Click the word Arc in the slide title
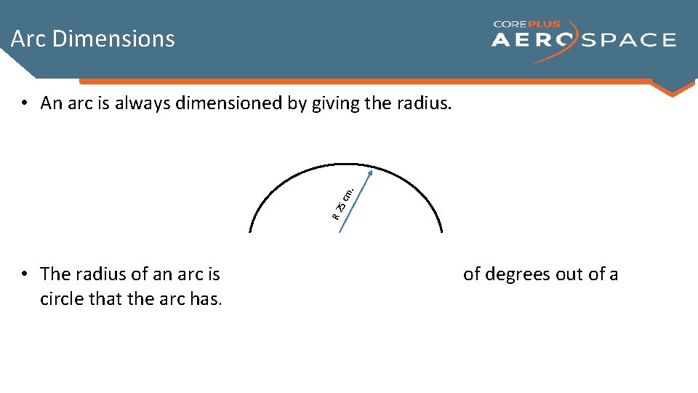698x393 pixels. tap(28, 39)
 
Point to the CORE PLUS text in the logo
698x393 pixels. tap(527, 24)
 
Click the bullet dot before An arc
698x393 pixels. tap(25, 103)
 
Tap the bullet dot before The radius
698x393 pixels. tap(25, 274)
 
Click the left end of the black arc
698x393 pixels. tap(250, 231)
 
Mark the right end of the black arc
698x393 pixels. tap(441, 231)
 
